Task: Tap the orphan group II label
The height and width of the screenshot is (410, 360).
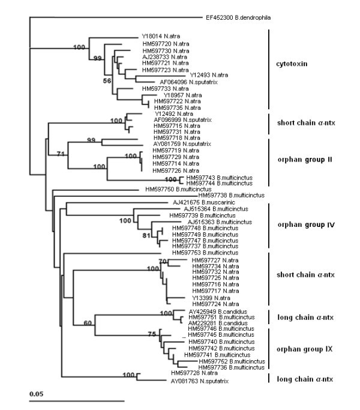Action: click(x=302, y=159)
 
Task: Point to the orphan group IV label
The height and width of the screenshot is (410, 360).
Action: click(x=302, y=226)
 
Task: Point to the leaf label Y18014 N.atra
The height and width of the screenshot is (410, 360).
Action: click(x=161, y=35)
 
